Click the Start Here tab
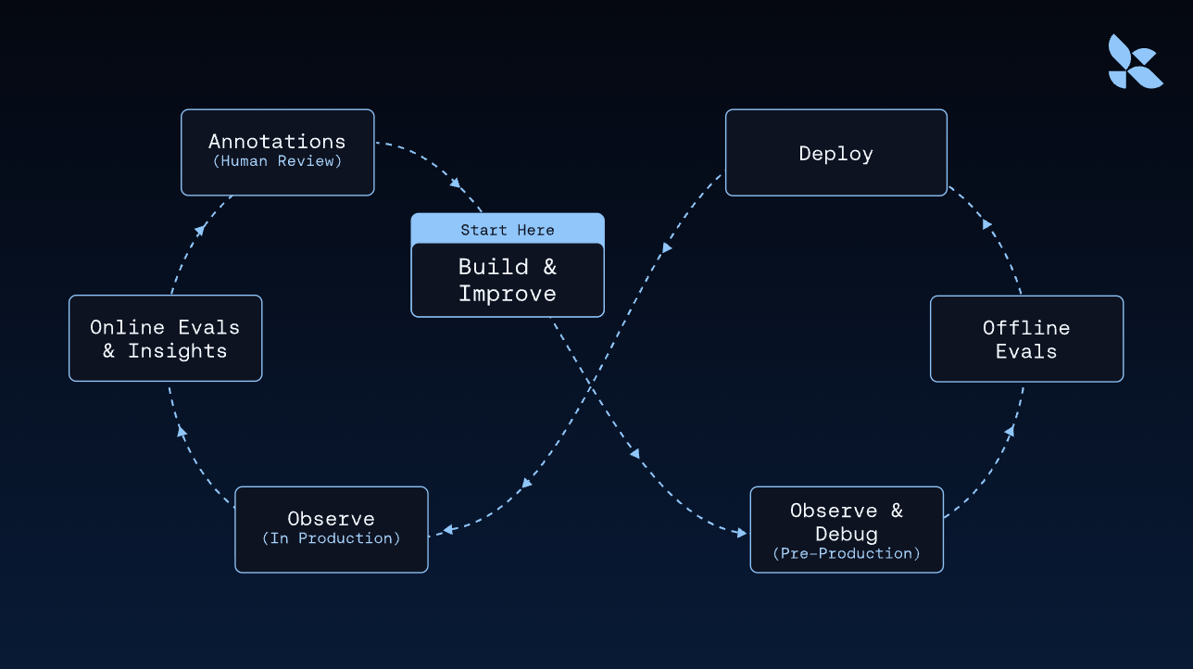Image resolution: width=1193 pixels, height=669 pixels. (x=508, y=230)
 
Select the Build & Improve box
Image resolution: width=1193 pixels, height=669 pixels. (x=508, y=280)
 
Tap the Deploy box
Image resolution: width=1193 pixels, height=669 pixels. (x=835, y=153)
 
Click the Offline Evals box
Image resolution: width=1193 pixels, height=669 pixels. (x=1026, y=339)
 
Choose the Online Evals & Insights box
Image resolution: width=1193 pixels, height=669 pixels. (x=165, y=339)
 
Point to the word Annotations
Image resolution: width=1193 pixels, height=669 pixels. (x=277, y=142)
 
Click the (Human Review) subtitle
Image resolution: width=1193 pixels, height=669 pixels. (x=277, y=161)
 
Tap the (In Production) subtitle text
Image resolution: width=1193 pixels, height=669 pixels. (x=332, y=538)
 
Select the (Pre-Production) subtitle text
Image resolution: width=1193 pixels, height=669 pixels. (x=847, y=553)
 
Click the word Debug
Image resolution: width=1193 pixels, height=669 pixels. (x=847, y=534)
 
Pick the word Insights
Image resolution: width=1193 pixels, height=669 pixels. (x=177, y=351)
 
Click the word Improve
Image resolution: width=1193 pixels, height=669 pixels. (x=508, y=294)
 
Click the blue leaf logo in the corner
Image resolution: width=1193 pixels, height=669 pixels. (x=1136, y=61)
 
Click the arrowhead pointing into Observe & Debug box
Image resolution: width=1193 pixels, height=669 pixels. (x=739, y=533)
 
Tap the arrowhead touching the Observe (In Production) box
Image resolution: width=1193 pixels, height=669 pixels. (x=447, y=530)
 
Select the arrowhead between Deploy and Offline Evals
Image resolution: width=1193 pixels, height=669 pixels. (x=987, y=224)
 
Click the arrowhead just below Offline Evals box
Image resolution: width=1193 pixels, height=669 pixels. (x=1010, y=431)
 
